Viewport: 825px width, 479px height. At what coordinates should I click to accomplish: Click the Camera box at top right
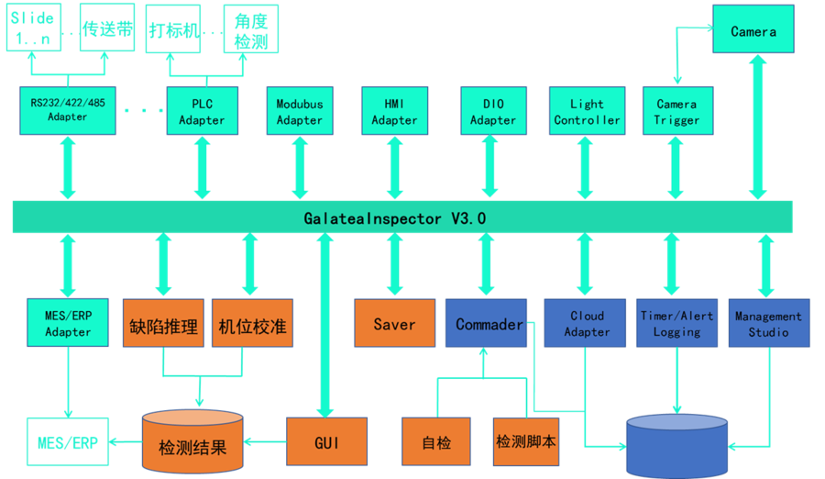753,31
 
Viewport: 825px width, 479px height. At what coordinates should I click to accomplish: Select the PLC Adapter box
202,112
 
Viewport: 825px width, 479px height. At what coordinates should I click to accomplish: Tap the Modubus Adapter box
300,112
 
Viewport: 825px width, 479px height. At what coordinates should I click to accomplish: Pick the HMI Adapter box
394,112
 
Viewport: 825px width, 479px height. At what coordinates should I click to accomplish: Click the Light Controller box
587,112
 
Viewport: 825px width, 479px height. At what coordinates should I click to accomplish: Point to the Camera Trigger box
676,112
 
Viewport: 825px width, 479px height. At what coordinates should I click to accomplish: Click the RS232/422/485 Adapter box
68,110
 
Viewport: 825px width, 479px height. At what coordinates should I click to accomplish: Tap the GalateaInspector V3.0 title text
395,218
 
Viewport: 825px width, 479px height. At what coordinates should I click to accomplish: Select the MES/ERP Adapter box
68,323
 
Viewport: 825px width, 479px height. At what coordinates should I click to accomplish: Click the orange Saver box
394,324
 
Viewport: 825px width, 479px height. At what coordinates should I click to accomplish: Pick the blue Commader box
487,324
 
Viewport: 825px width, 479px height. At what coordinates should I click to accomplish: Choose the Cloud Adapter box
587,323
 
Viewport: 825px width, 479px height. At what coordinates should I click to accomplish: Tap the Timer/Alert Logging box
676,323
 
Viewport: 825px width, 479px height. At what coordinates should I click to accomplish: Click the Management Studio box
768,323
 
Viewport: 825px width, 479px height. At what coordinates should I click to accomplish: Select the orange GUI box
326,443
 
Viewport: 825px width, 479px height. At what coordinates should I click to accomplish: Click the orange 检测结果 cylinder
192,444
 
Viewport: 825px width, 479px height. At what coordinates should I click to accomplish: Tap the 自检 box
436,443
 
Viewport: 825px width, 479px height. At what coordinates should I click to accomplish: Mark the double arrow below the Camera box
756,128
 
